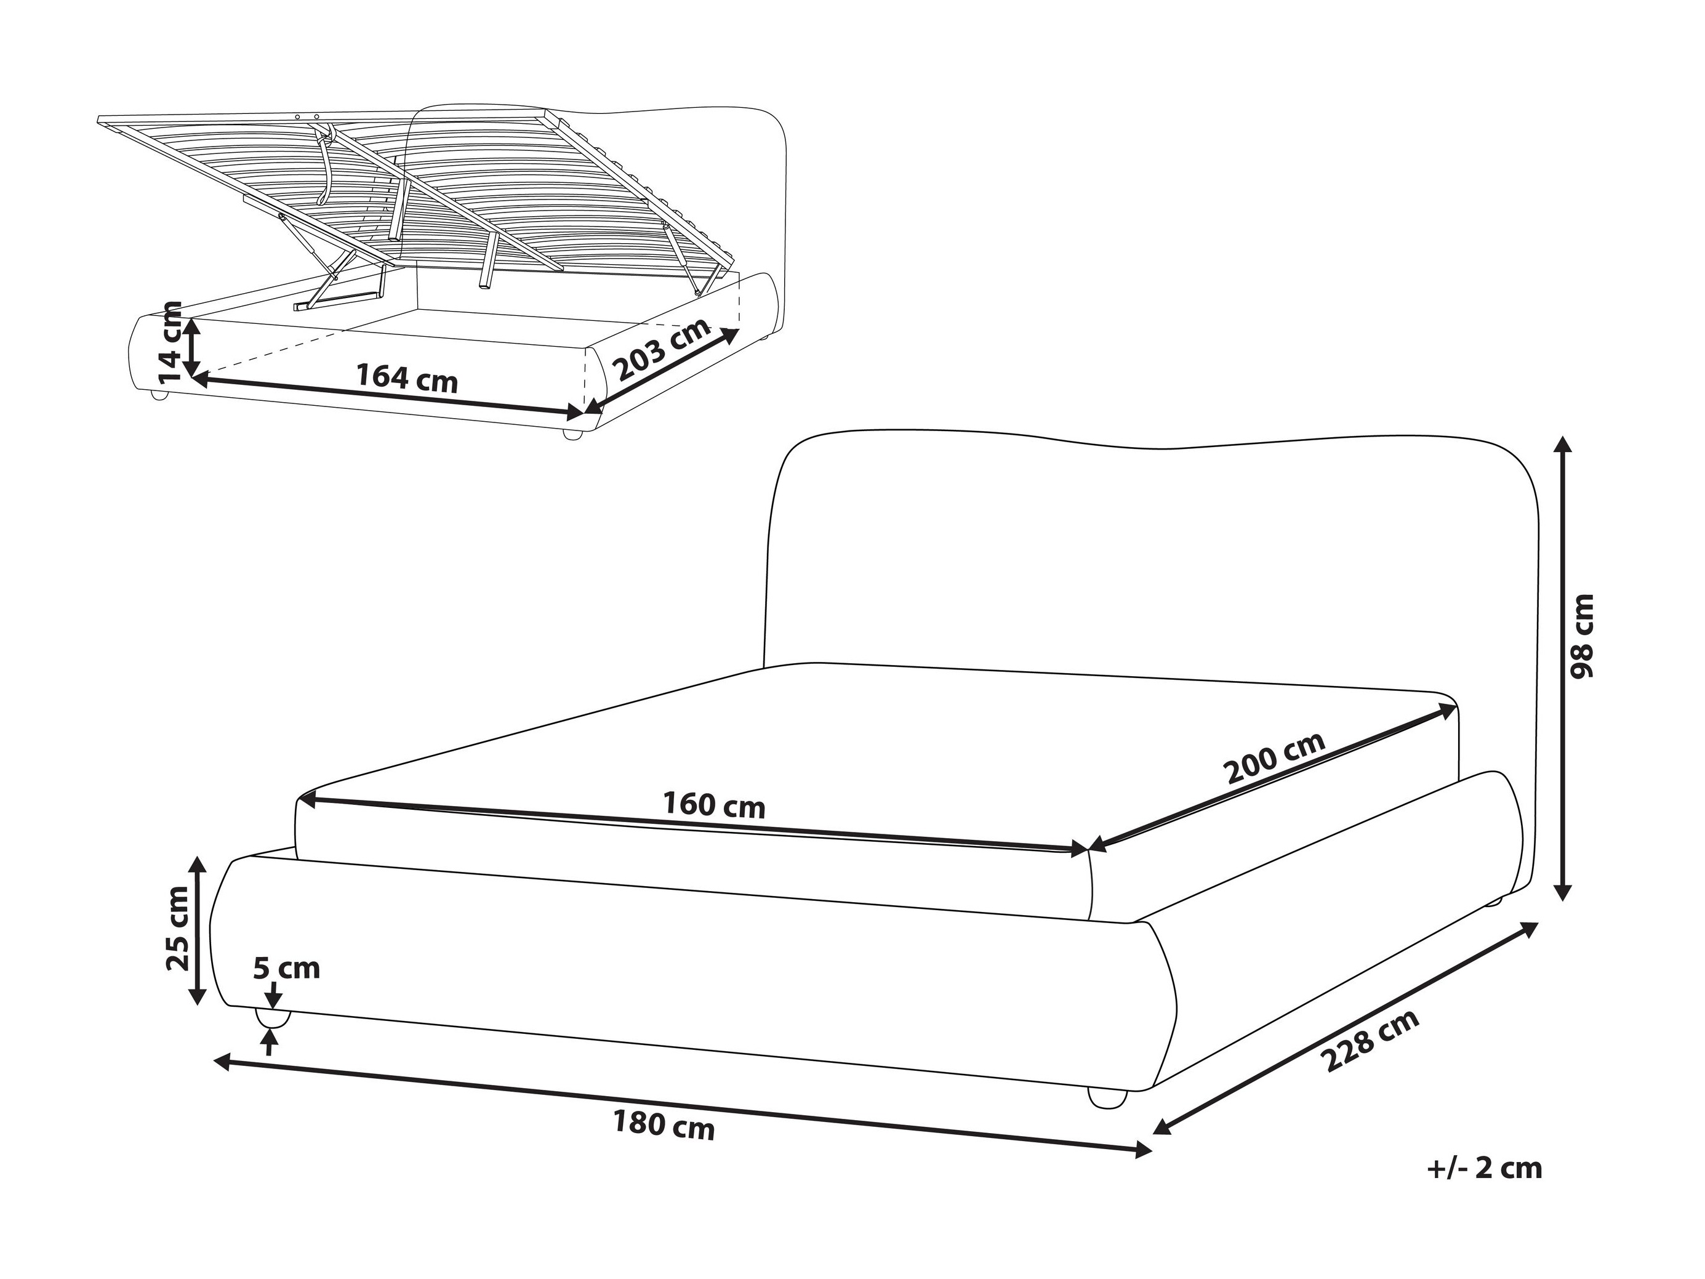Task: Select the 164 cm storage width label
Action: (407, 379)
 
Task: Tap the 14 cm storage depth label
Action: (169, 342)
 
